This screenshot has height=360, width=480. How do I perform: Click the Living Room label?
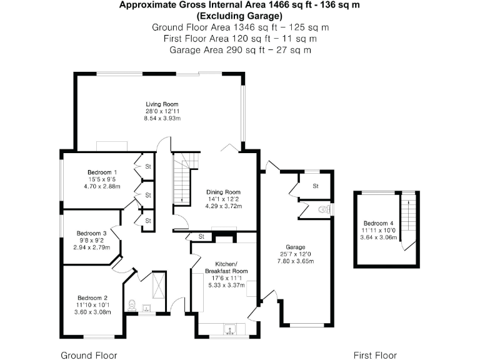162,104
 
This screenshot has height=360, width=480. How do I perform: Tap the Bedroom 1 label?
102,172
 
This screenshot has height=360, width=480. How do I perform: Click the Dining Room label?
224,192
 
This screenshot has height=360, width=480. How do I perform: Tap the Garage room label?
296,247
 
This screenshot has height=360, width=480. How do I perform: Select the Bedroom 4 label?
379,223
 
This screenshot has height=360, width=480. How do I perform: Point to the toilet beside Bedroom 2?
132,306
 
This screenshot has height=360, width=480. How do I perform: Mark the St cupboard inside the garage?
316,186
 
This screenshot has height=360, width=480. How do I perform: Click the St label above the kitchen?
201,236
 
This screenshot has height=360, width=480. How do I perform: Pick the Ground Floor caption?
89,355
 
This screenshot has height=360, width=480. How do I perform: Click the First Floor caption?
375,355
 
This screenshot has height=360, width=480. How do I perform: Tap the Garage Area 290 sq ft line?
240,49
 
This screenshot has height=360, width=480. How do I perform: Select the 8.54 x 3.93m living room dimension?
162,117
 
